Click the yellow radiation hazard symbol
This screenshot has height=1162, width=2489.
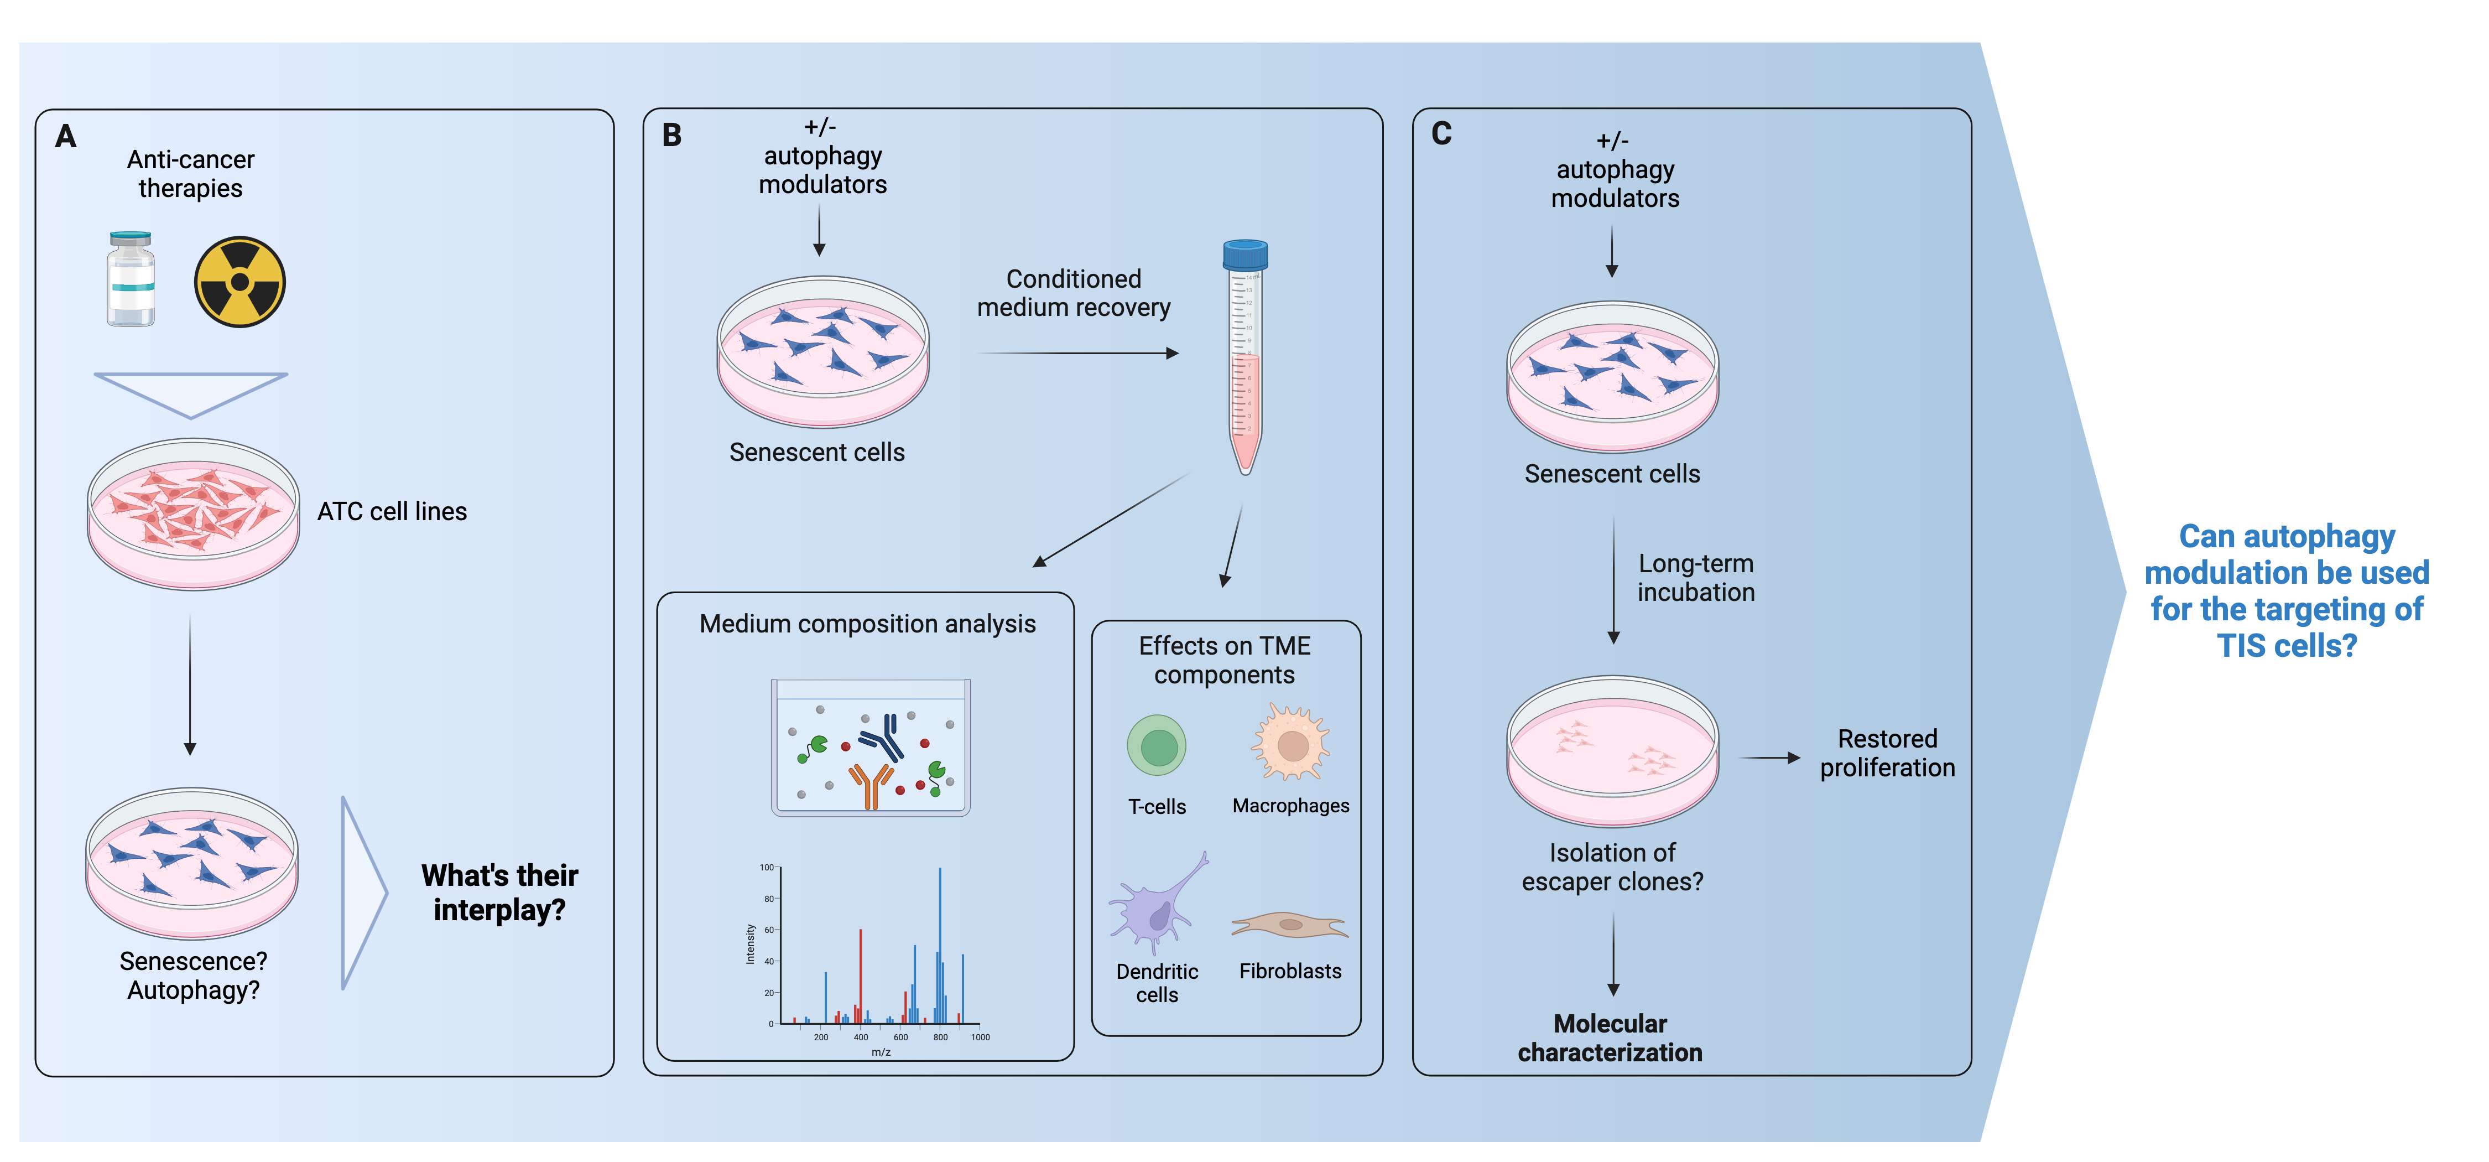pos(239,282)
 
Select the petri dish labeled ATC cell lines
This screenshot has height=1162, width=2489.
pos(193,513)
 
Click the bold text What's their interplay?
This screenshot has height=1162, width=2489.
pos(499,893)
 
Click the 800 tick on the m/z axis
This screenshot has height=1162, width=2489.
pos(940,1037)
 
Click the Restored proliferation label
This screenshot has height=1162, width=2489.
pos(1887,753)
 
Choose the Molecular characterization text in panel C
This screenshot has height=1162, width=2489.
pos(1610,1038)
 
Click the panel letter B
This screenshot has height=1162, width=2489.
pos(671,136)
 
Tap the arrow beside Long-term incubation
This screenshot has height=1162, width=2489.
pos(1613,580)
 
